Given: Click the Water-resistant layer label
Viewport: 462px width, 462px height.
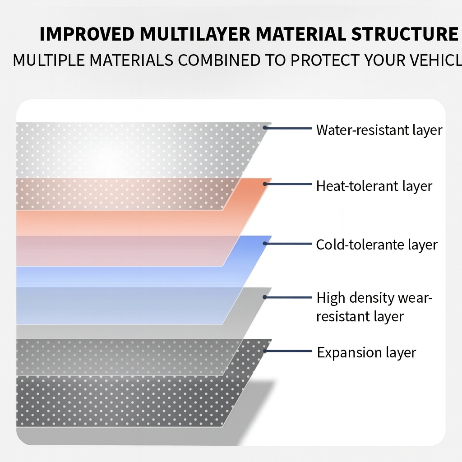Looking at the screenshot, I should pos(379,130).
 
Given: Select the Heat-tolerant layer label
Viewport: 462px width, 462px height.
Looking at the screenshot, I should pos(374,186).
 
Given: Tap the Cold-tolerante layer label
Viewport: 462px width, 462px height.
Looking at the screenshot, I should pos(377,245).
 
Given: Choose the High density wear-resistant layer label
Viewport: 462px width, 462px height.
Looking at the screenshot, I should pos(374,307).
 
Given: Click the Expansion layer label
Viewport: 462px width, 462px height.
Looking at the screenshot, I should pos(366,352).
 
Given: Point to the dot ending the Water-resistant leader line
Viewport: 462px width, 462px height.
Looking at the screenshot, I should pos(265,128).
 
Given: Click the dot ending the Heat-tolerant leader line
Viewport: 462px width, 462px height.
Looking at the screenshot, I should pos(265,184).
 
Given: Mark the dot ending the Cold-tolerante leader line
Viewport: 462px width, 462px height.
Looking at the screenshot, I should pos(265,243).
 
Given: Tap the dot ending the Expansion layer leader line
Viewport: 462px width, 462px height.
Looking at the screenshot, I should pos(265,351).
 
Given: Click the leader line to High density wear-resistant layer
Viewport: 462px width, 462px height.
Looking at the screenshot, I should pos(289,297).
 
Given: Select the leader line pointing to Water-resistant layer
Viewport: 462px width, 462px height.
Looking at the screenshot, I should pos(289,128).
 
